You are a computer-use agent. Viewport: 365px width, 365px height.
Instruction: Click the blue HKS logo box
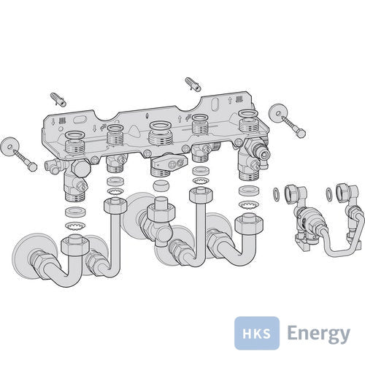(x=257, y=333)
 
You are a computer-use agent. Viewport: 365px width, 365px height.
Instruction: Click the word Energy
(x=318, y=334)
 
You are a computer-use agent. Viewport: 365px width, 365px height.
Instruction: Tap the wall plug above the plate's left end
(x=58, y=99)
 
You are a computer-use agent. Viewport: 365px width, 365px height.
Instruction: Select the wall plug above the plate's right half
(x=193, y=84)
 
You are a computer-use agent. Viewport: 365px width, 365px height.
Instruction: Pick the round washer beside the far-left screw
(x=10, y=147)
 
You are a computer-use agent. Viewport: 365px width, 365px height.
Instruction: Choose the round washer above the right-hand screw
(x=278, y=113)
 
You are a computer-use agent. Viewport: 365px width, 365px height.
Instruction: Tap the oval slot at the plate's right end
(x=215, y=104)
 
